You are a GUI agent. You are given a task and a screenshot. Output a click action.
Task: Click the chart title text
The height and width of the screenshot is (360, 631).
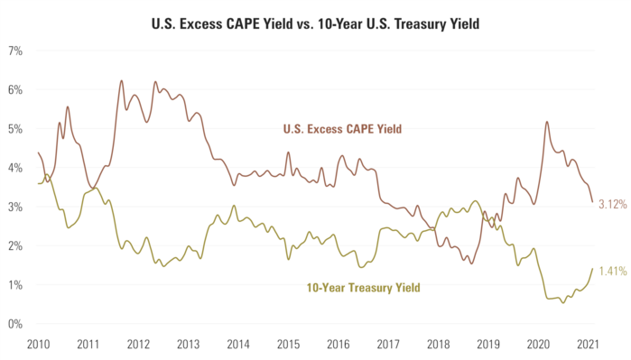point(316,21)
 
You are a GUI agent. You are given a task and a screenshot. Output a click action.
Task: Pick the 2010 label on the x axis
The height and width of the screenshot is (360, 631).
point(38,345)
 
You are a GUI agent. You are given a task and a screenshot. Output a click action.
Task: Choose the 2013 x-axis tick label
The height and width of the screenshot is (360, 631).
point(188,345)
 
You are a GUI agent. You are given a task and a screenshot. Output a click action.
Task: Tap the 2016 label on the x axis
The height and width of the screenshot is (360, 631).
point(339,345)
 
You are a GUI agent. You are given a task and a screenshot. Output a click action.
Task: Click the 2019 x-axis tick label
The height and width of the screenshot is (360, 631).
point(488,345)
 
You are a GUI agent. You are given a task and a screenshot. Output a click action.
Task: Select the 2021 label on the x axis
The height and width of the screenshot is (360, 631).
point(589,345)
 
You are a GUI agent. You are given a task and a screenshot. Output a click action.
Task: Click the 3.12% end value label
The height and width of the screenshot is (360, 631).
point(612,204)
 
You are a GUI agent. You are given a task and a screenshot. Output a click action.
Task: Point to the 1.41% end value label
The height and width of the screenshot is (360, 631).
point(612,269)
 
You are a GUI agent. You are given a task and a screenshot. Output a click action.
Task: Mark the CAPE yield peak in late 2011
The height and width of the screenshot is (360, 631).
point(121,81)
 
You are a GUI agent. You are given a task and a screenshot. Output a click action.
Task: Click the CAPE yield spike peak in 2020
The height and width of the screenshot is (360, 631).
point(547,123)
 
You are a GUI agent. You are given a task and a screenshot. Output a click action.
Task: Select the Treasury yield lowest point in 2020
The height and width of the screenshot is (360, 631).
point(563,301)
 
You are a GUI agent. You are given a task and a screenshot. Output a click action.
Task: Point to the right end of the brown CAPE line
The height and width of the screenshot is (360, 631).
point(592,202)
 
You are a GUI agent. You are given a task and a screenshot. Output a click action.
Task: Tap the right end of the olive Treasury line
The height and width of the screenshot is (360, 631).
point(592,268)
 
